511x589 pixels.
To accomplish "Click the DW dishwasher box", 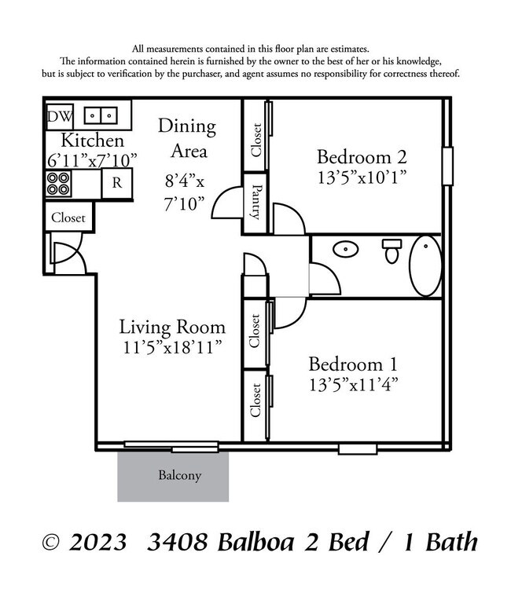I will pos(59,116).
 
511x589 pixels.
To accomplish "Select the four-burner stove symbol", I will pos(57,184).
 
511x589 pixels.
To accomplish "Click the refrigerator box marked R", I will pos(116,183).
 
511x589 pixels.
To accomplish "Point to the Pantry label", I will pos(256,202).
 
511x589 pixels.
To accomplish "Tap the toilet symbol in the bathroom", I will pos(392,251).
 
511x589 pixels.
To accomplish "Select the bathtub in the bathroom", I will pos(425,265).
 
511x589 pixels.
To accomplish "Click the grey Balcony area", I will pos(174,476).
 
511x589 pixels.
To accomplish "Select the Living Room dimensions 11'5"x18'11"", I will pos(171,346).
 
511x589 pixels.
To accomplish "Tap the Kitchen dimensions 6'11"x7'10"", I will pos(92,159).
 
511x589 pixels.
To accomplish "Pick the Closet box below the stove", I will pos(68,218).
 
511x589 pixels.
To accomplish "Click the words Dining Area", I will pos(187,138).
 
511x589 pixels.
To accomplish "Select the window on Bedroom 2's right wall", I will pos(447,166).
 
